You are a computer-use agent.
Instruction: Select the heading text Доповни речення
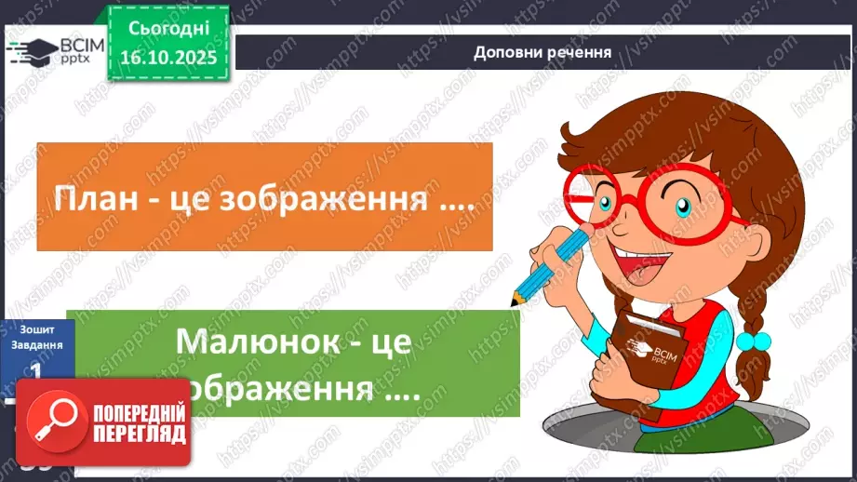pos(543,52)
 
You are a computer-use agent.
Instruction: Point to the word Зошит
pos(34,328)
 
